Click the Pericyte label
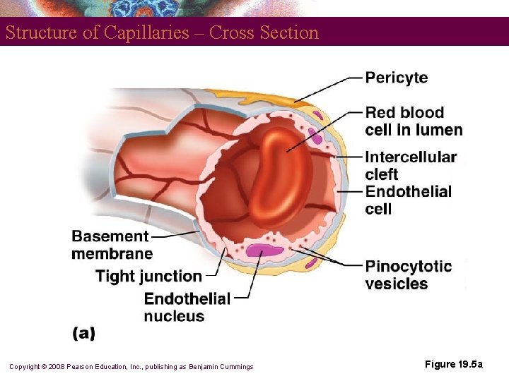[397, 78]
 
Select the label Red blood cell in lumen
[414, 121]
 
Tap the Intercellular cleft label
[411, 165]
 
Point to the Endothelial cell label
[408, 200]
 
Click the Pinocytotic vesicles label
[408, 275]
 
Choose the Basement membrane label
[111, 245]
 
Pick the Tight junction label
[148, 276]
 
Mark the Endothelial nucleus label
[187, 308]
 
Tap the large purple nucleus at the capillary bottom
[263, 250]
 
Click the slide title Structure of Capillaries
[162, 33]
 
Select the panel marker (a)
[83, 333]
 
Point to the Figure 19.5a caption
[454, 364]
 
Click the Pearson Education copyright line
[131, 366]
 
